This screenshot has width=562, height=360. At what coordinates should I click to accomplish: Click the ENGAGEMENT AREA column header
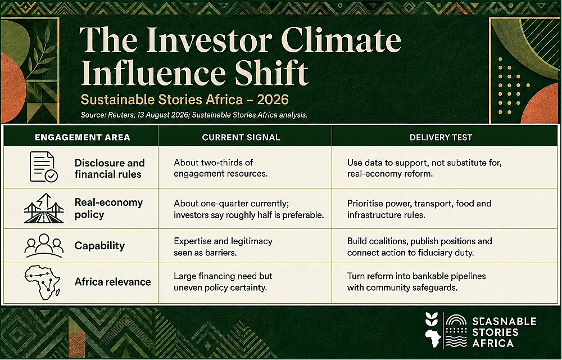click(82, 137)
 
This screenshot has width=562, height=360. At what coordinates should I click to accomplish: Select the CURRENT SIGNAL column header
click(241, 137)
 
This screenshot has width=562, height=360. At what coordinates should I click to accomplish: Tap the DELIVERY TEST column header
click(441, 137)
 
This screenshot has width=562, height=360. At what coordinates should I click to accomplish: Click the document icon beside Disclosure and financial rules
click(43, 166)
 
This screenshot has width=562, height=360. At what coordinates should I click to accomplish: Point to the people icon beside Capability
click(44, 245)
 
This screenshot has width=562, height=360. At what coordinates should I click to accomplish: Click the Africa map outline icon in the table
click(42, 282)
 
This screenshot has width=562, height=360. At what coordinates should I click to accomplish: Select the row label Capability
click(99, 246)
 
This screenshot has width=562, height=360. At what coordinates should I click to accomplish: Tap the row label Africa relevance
click(112, 282)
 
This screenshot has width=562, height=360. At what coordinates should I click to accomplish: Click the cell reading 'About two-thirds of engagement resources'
click(220, 168)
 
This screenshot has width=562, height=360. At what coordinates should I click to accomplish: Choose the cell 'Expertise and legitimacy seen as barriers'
click(223, 247)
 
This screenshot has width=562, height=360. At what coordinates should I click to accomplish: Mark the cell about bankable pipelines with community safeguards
click(416, 281)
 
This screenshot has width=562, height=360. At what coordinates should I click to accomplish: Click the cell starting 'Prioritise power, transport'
click(419, 209)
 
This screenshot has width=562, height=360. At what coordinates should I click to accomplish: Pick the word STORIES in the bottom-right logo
click(495, 332)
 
